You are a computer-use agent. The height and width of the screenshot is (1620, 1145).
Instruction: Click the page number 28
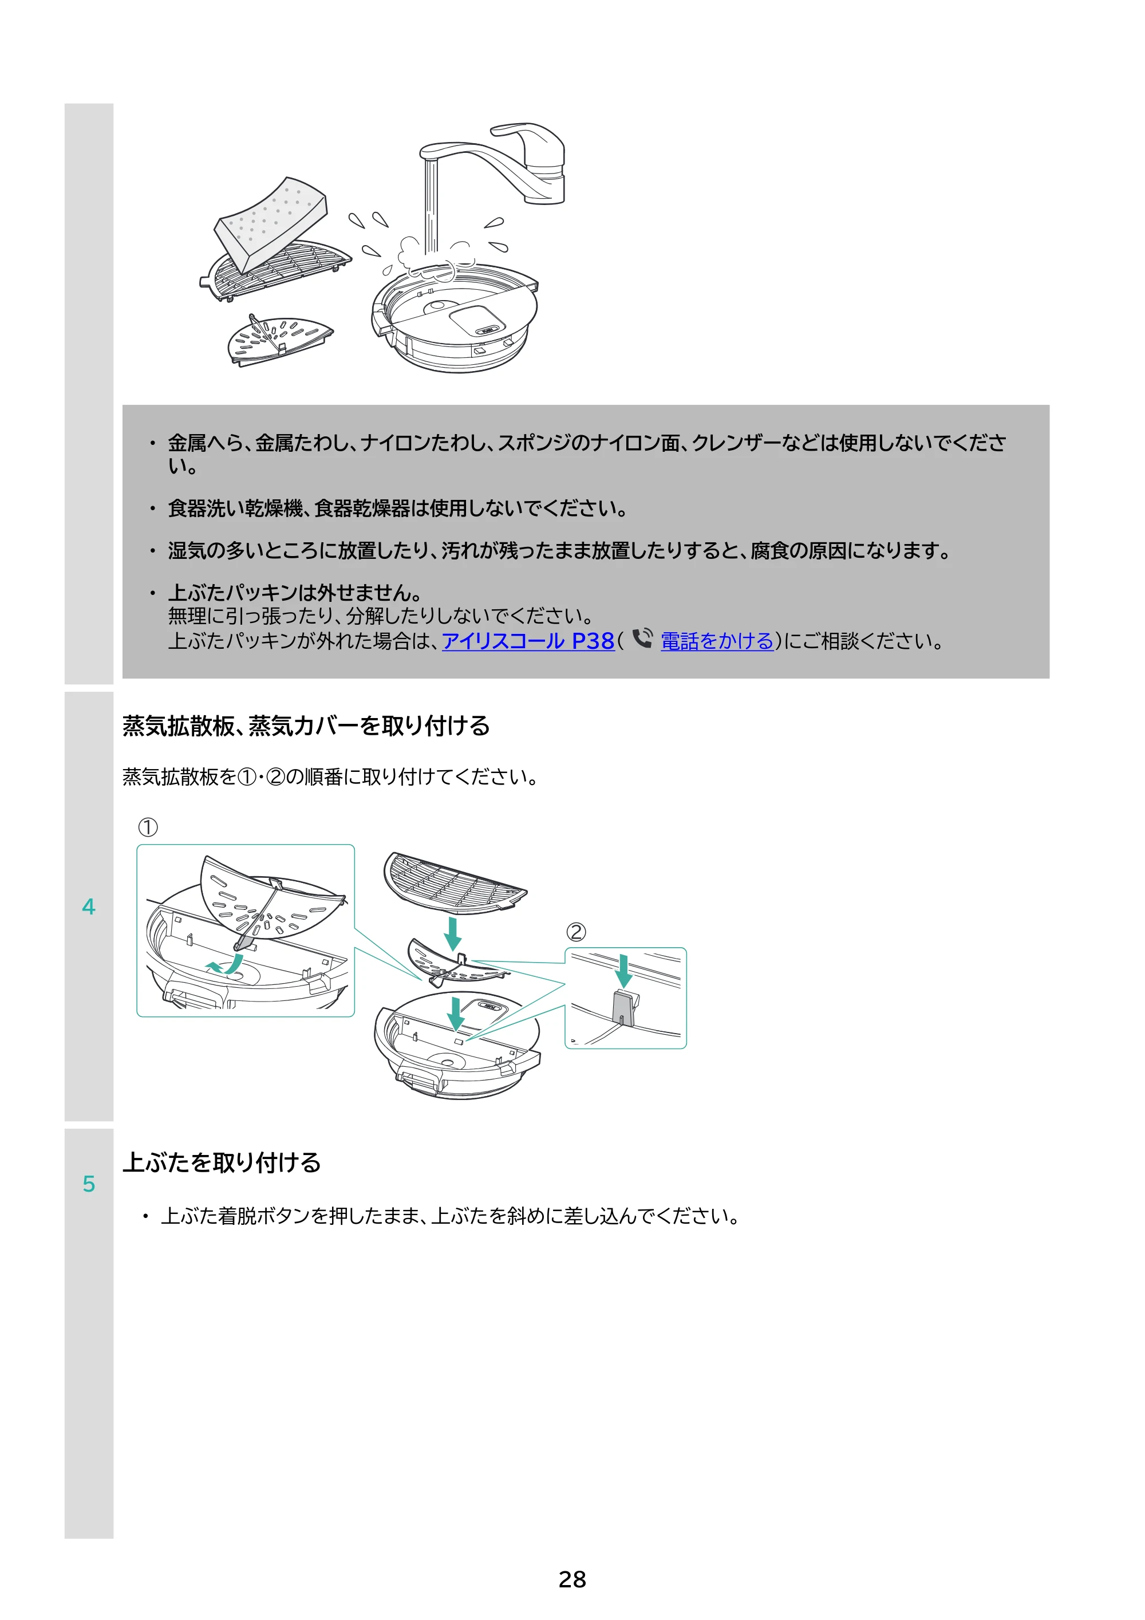[572, 1579]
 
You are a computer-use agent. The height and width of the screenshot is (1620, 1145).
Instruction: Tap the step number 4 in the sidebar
[88, 906]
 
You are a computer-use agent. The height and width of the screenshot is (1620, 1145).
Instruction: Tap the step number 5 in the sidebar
[88, 1184]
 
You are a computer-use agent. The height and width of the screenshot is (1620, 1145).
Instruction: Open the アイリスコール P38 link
[528, 641]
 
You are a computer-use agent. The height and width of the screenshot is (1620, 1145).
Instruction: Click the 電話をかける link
[717, 641]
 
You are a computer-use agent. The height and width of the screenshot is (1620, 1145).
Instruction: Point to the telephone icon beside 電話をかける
[642, 638]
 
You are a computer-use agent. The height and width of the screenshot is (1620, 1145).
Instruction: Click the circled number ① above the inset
[148, 827]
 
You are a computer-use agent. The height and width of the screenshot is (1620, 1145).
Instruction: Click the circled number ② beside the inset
[577, 932]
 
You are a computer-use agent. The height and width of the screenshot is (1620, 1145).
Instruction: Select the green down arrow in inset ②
[623, 971]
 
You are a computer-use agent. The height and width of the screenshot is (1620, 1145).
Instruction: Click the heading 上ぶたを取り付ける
[222, 1162]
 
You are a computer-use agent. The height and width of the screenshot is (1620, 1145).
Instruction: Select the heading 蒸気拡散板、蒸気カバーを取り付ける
[306, 726]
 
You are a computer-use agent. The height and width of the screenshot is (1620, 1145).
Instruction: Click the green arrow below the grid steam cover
[453, 933]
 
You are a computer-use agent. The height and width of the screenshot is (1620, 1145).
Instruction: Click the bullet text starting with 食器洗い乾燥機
[397, 508]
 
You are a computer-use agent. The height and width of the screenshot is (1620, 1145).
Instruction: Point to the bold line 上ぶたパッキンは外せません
[295, 593]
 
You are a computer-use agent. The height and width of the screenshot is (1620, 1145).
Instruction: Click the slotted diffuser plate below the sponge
[279, 340]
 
